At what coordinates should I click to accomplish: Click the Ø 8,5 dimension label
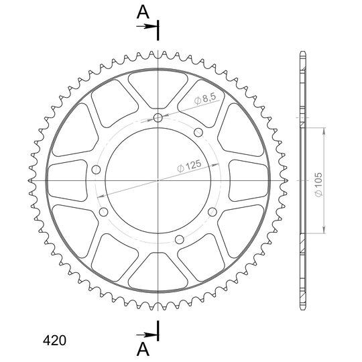205,99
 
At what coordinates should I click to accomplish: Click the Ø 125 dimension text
189,166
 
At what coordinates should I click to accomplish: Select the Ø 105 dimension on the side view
318,184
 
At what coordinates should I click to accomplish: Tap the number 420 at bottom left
54,341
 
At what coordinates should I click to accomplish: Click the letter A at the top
143,12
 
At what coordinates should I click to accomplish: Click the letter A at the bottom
143,349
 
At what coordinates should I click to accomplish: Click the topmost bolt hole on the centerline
158,118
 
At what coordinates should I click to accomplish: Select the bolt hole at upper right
198,133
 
